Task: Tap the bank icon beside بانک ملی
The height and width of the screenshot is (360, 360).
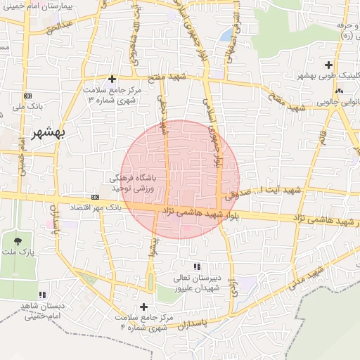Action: pyautogui.click(x=27, y=95)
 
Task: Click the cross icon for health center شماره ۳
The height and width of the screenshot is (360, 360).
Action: pyautogui.click(x=112, y=79)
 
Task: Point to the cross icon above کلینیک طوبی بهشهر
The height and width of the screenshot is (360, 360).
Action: pyautogui.click(x=329, y=65)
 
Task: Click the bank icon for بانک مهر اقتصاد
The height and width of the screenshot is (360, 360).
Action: pyautogui.click(x=95, y=198)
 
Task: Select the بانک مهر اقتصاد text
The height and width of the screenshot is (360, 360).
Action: pyautogui.click(x=95, y=208)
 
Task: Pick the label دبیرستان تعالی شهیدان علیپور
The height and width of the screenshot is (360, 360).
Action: pyautogui.click(x=198, y=282)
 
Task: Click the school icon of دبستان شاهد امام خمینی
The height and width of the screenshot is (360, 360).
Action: pyautogui.click(x=44, y=295)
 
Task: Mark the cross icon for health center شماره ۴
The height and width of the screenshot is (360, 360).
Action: pyautogui.click(x=144, y=307)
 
